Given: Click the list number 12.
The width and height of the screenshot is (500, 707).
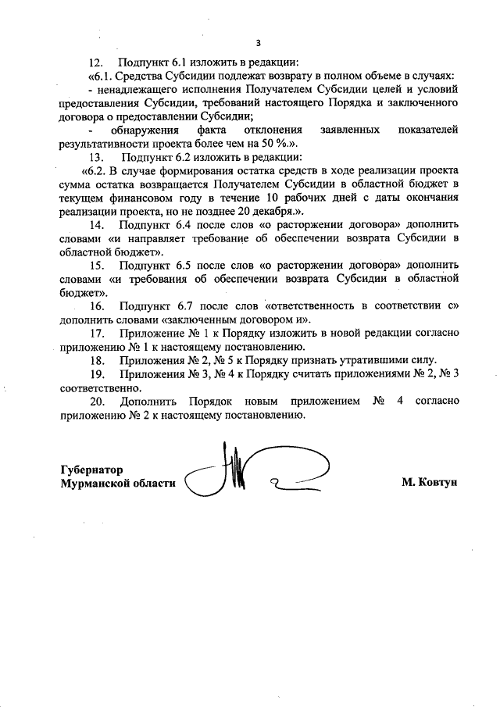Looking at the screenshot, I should pos(97,62).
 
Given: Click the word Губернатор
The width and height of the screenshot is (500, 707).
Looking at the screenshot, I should pos(91,470).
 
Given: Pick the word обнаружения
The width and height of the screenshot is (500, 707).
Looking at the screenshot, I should pos(145,130).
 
